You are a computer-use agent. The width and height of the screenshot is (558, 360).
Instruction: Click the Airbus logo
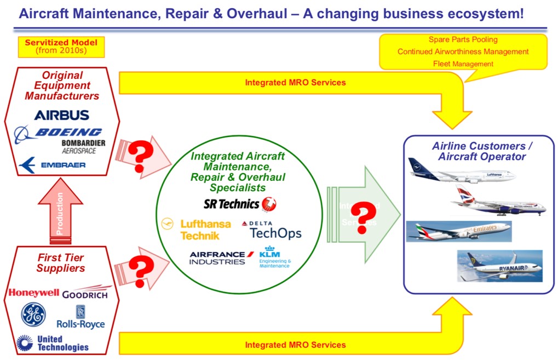pyautogui.click(x=61, y=115)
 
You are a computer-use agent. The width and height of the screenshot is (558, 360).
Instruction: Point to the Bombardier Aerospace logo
pyautogui.click(x=83, y=146)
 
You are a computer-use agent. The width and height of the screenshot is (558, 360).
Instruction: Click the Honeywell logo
pyautogui.click(x=33, y=293)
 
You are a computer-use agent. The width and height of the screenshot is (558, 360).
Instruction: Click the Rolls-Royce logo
pyautogui.click(x=80, y=317)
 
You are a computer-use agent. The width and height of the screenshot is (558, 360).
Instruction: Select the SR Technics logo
pyautogui.click(x=240, y=204)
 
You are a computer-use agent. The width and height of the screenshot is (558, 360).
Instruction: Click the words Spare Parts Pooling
pyautogui.click(x=463, y=39)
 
